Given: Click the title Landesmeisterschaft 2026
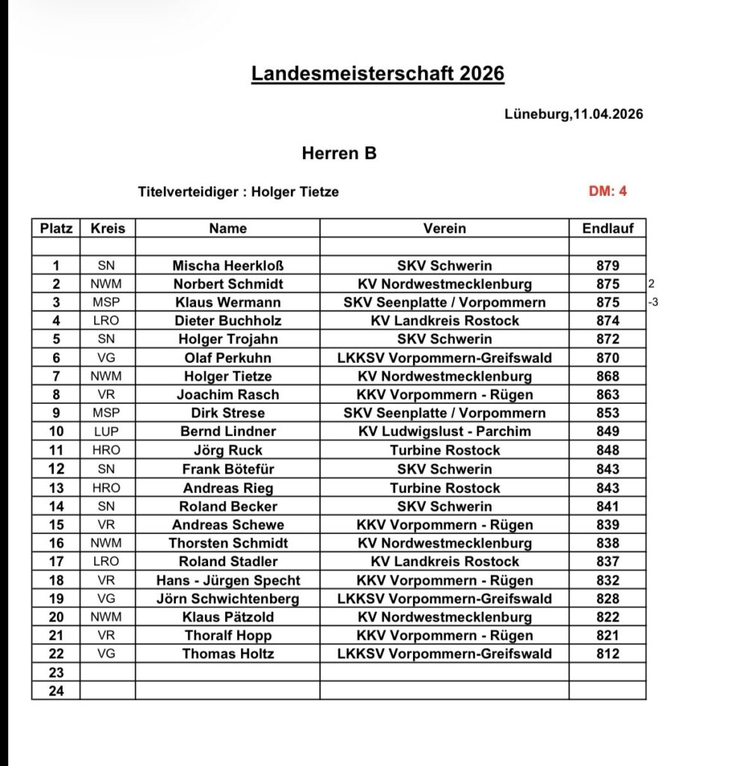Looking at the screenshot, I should pyautogui.click(x=378, y=73).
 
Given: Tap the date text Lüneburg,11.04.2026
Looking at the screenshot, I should pyautogui.click(x=575, y=114).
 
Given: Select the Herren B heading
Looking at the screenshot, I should pyautogui.click(x=339, y=154).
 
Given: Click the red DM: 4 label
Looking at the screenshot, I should pyautogui.click(x=608, y=191).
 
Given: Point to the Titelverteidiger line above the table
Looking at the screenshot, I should pyautogui.click(x=238, y=191).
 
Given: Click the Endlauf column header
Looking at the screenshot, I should pyautogui.click(x=607, y=228).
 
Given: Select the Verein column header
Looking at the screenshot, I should pyautogui.click(x=444, y=228).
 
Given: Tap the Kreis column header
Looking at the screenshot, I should pyautogui.click(x=107, y=228).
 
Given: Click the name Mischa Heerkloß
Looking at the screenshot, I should pyautogui.click(x=227, y=266).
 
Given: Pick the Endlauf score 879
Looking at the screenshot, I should pyautogui.click(x=608, y=266).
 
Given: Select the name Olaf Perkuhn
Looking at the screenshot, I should pyautogui.click(x=227, y=358).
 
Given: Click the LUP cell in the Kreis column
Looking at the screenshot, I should pyautogui.click(x=107, y=432).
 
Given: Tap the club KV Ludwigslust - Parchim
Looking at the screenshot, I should pyautogui.click(x=444, y=432).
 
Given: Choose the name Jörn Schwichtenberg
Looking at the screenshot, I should pyautogui.click(x=227, y=598).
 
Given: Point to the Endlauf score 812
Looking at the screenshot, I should pyautogui.click(x=608, y=654).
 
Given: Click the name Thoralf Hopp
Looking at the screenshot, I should pyautogui.click(x=227, y=636).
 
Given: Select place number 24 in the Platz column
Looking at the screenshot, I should pyautogui.click(x=56, y=691).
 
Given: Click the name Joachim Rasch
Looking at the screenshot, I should pyautogui.click(x=227, y=395).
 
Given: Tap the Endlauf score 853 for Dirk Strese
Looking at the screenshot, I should pyautogui.click(x=608, y=413).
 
